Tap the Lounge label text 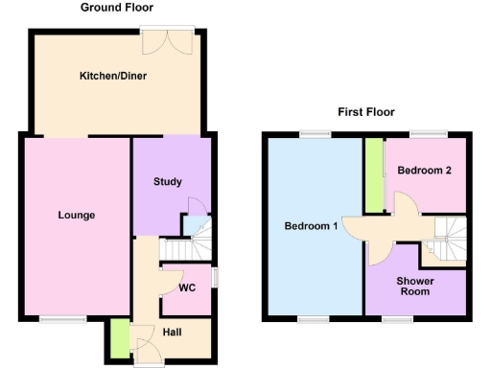[x=76, y=215]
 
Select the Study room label [x=168, y=181]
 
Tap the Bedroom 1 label [x=311, y=226]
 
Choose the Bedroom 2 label [x=425, y=171]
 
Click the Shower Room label [x=416, y=286]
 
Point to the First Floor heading [x=366, y=111]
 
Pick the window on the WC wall [x=213, y=276]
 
